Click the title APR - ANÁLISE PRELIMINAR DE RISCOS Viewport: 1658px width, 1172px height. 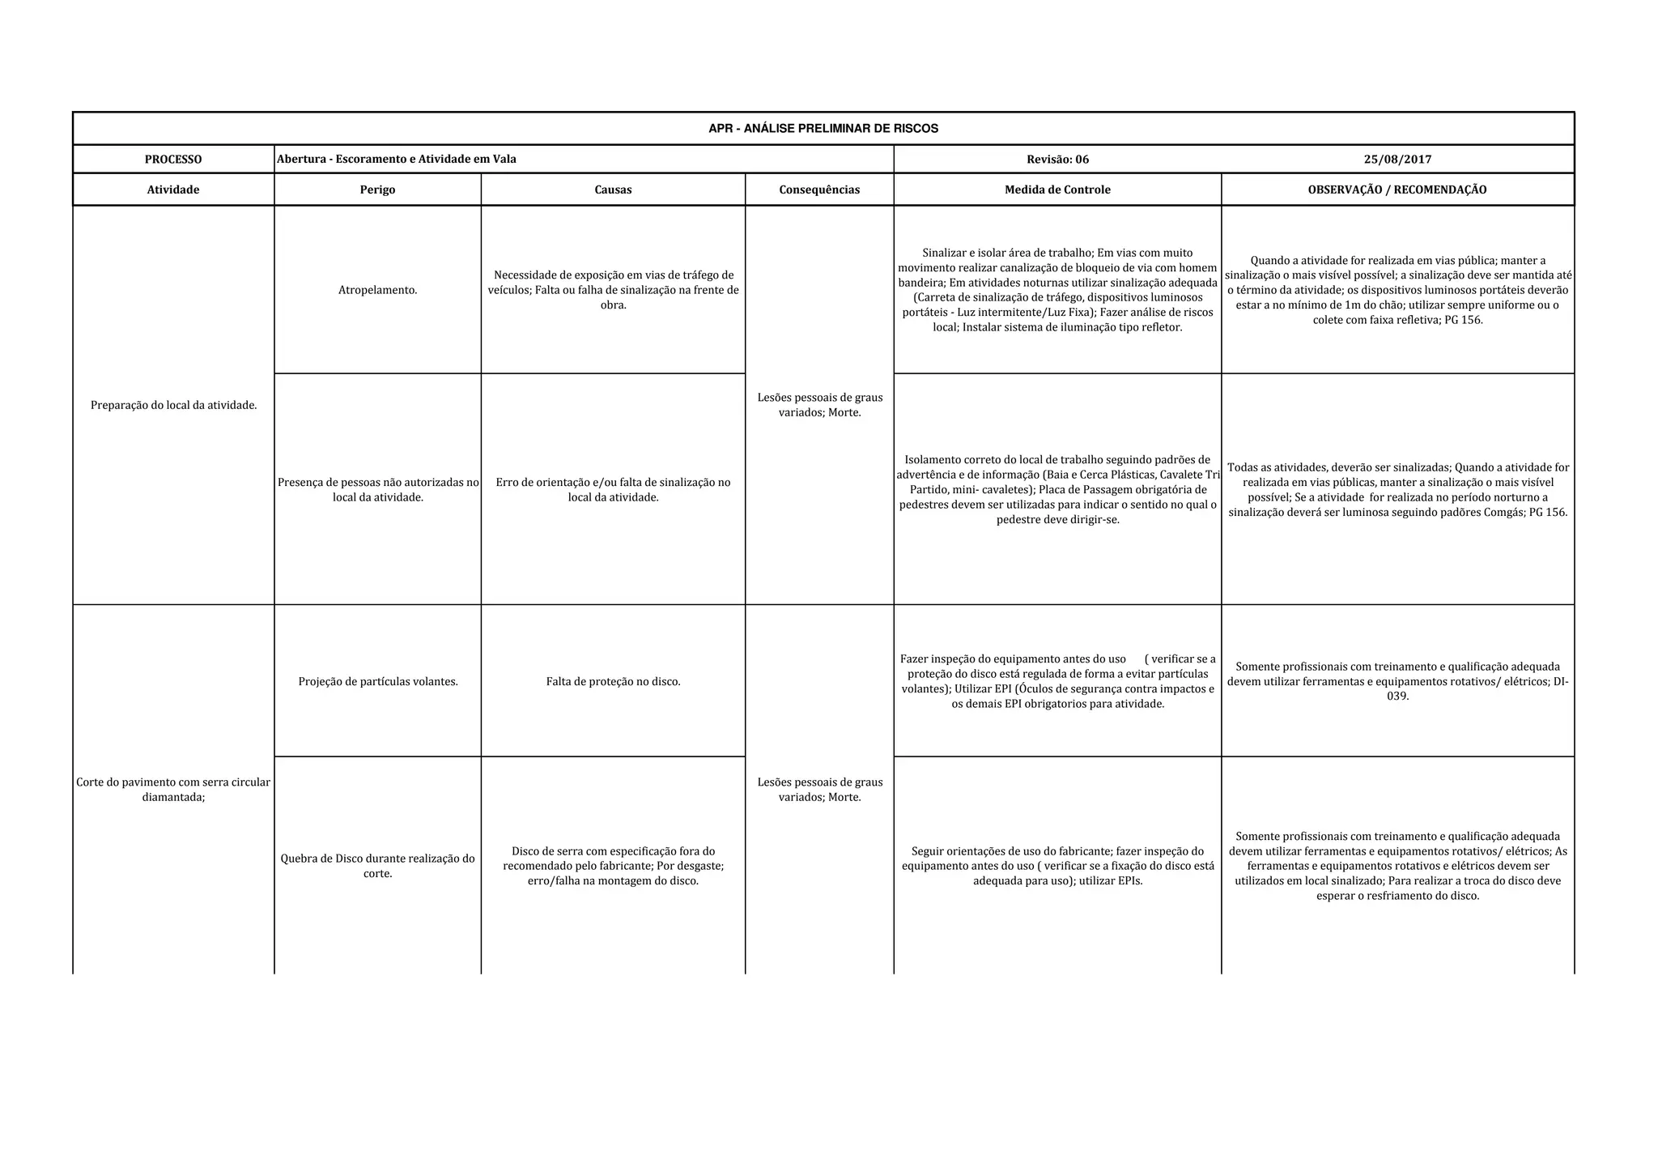[823, 129]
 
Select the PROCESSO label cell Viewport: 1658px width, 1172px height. [173, 160]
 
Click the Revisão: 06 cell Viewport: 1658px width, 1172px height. [1057, 160]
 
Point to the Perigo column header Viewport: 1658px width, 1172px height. [377, 190]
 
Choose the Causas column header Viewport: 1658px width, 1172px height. [613, 190]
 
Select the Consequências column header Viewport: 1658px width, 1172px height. [819, 190]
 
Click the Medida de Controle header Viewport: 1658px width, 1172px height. [1057, 190]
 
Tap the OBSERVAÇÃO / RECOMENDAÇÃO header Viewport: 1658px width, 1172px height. [1397, 190]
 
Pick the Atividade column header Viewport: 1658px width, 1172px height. [173, 190]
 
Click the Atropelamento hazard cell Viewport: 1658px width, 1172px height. [377, 290]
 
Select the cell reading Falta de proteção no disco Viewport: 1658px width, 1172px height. [613, 682]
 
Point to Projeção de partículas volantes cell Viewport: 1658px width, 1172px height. [377, 682]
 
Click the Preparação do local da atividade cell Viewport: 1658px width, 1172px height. [173, 405]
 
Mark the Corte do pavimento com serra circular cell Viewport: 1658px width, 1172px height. [173, 790]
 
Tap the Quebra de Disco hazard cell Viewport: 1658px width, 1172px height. [377, 866]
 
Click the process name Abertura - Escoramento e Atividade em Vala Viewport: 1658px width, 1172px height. [397, 160]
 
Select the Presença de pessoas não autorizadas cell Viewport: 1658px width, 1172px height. [377, 489]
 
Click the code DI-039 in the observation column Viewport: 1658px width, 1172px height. [1398, 696]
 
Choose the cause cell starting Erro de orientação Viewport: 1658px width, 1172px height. [613, 489]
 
